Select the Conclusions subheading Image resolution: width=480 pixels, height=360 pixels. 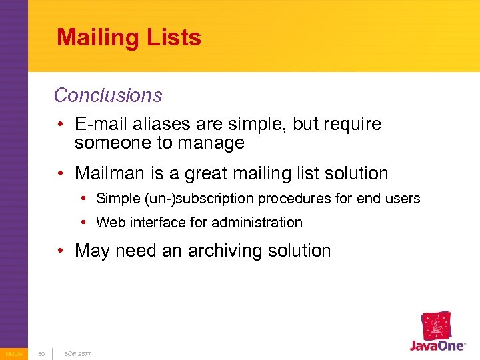click(108, 95)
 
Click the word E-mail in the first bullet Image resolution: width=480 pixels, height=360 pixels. click(101, 124)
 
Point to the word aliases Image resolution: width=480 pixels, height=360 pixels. click(163, 124)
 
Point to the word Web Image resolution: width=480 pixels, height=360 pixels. click(109, 222)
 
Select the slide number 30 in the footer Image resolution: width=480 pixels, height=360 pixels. click(41, 353)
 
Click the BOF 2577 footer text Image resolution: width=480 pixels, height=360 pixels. click(77, 353)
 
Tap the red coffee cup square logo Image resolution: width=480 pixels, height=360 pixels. click(437, 325)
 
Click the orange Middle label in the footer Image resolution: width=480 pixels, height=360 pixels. click(13, 353)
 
